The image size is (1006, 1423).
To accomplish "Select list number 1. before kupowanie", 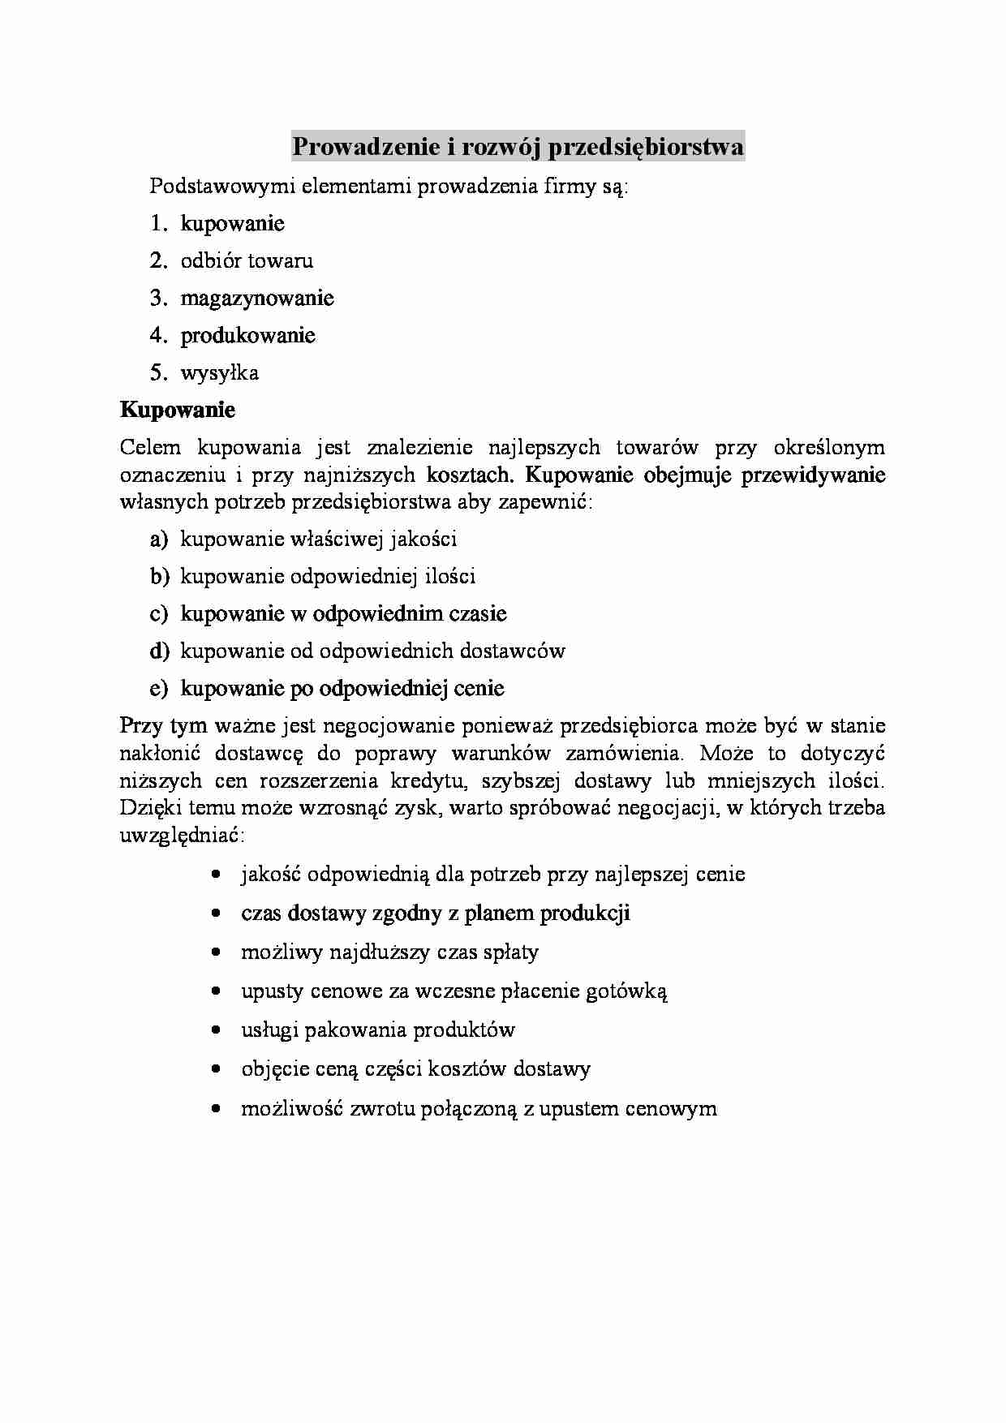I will click(159, 223).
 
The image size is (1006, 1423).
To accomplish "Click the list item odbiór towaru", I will click(247, 260).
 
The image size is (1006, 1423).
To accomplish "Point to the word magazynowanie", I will click(257, 298).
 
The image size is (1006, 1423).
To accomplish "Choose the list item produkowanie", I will click(247, 335).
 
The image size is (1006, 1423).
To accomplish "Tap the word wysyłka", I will click(220, 372).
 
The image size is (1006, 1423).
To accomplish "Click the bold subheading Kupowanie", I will click(178, 410).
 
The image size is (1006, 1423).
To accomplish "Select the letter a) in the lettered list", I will click(158, 539).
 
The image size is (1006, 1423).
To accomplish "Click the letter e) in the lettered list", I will click(158, 688).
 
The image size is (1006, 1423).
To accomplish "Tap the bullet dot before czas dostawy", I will click(215, 914).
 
